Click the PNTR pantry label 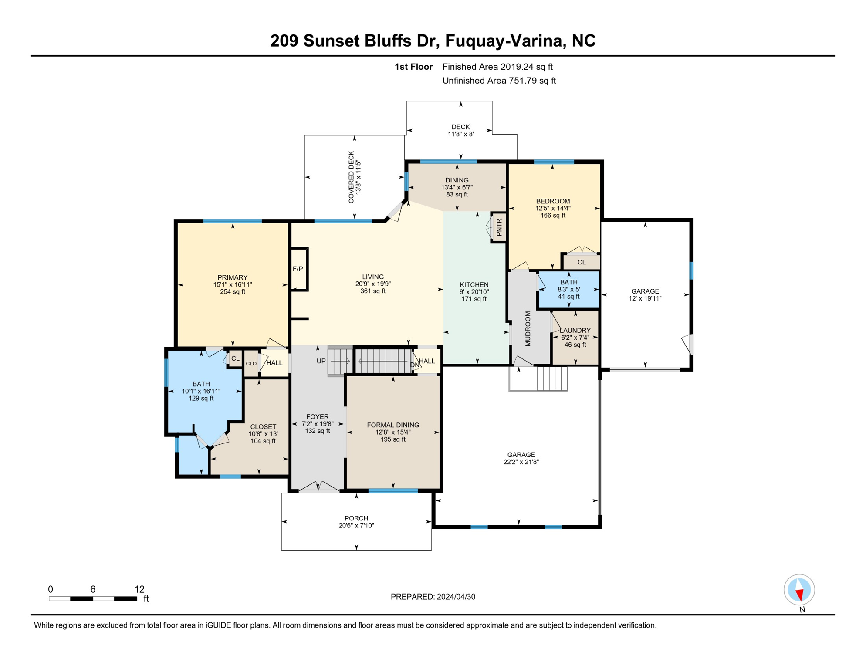pyautogui.click(x=499, y=227)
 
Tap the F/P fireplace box pyautogui.click(x=298, y=269)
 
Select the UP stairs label pyautogui.click(x=321, y=361)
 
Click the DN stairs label pyautogui.click(x=414, y=365)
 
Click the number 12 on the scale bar pyautogui.click(x=139, y=589)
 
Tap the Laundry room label pyautogui.click(x=575, y=331)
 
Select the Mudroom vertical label pyautogui.click(x=528, y=329)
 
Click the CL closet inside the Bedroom pyautogui.click(x=582, y=262)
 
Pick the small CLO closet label pyautogui.click(x=251, y=363)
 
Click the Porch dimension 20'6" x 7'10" pyautogui.click(x=356, y=526)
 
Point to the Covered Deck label pyautogui.click(x=351, y=177)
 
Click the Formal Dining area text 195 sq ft pyautogui.click(x=393, y=439)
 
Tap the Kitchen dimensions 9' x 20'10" pyautogui.click(x=474, y=292)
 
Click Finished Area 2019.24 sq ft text pyautogui.click(x=497, y=67)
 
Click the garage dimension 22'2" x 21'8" pyautogui.click(x=521, y=462)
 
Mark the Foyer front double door pyautogui.click(x=318, y=487)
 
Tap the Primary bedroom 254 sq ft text pyautogui.click(x=233, y=292)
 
